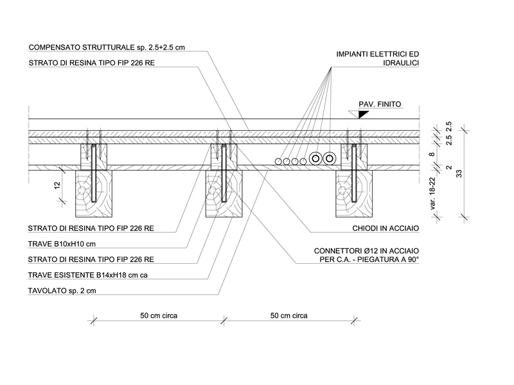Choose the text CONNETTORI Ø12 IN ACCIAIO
tap(367, 250)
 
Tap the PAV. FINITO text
tap(379, 103)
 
